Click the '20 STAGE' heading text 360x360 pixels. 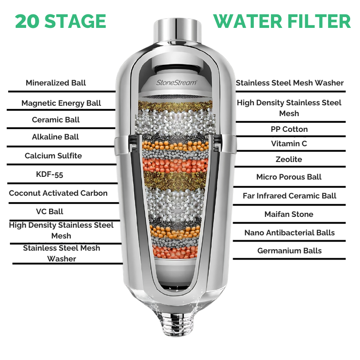click(60, 21)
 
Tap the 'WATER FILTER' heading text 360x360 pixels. click(282, 21)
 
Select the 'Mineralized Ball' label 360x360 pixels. click(56, 83)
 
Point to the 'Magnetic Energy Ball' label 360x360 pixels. click(61, 103)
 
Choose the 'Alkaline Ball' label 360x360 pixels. click(55, 137)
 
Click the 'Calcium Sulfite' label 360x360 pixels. click(53, 156)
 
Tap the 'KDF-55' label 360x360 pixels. click(49, 174)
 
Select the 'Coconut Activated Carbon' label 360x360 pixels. click(58, 193)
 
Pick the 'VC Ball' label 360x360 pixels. click(49, 211)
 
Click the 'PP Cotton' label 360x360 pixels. click(289, 129)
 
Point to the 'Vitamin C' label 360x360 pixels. click(289, 144)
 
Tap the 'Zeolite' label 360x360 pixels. click(289, 159)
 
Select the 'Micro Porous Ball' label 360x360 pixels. click(289, 177)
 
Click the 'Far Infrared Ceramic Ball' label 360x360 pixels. click(289, 196)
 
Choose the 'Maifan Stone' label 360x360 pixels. click(289, 214)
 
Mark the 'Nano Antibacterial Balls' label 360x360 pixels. click(289, 233)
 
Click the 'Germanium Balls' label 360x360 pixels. click(289, 251)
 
